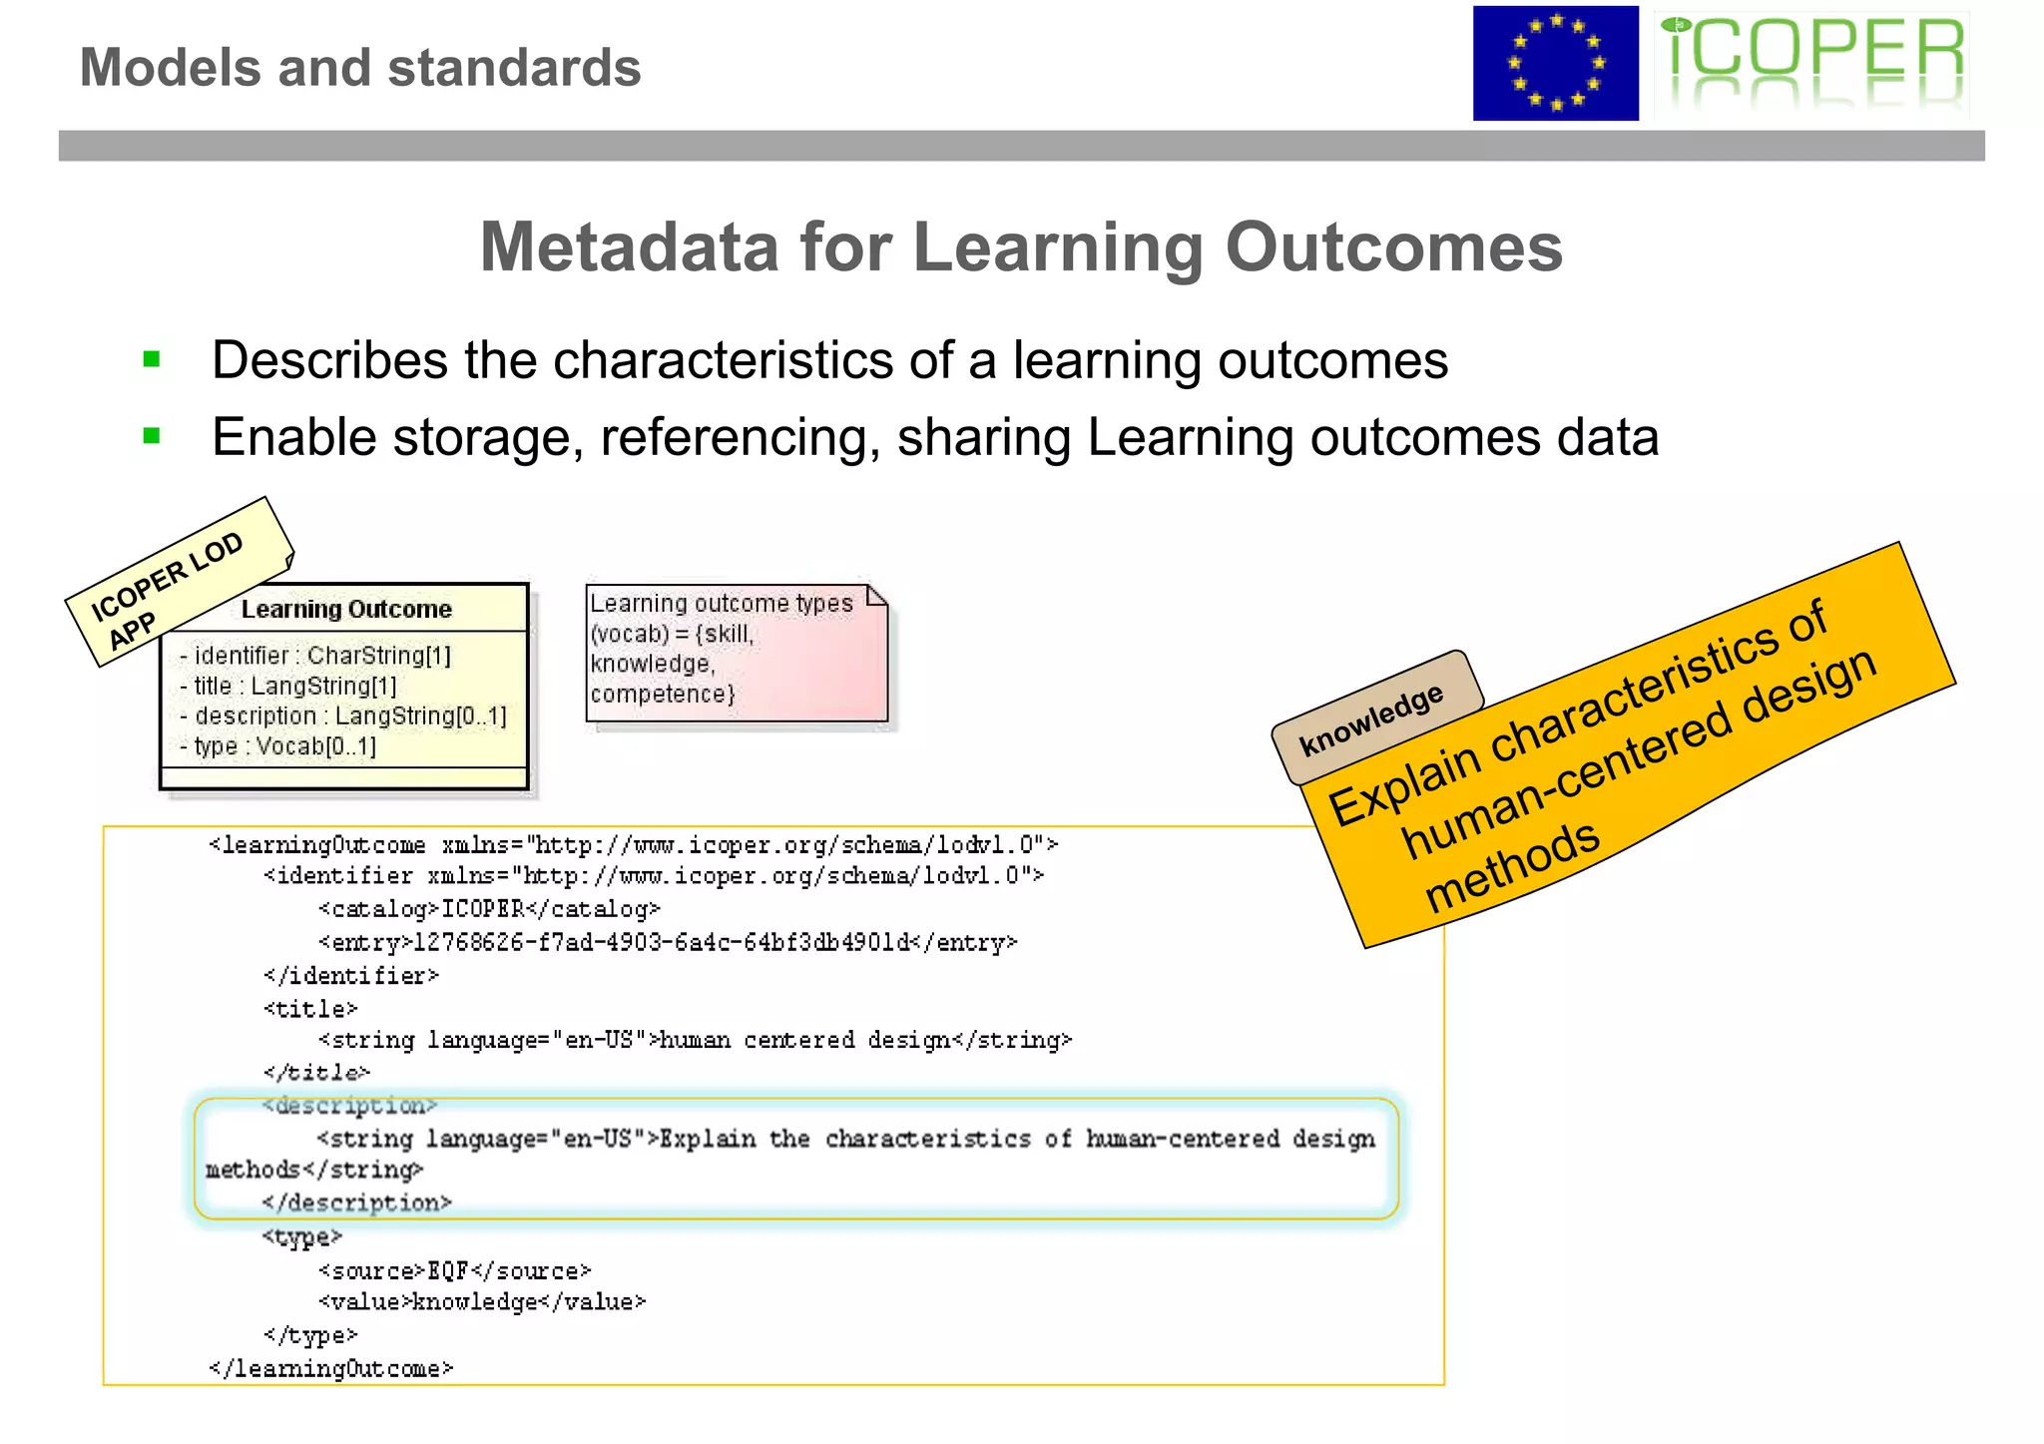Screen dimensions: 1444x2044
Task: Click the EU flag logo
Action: pyautogui.click(x=1555, y=64)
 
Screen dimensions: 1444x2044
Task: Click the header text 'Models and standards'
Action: pyautogui.click(x=360, y=68)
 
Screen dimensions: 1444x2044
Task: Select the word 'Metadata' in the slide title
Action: pyautogui.click(x=629, y=246)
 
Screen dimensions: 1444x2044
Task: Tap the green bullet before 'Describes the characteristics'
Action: pyautogui.click(x=152, y=359)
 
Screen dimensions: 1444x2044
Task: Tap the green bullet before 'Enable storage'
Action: pyautogui.click(x=152, y=436)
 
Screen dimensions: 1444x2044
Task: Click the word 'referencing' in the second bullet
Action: pyautogui.click(x=740, y=437)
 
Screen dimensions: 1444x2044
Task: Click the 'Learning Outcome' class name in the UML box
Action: pyautogui.click(x=346, y=609)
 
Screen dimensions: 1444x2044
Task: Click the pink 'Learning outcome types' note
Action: pyautogui.click(x=736, y=653)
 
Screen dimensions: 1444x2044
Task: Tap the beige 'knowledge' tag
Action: pyautogui.click(x=1372, y=719)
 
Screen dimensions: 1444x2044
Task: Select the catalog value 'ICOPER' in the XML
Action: pyautogui.click(x=483, y=909)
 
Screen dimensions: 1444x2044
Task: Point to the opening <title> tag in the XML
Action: pyautogui.click(x=310, y=1009)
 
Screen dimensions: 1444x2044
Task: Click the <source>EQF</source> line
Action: pyautogui.click(x=455, y=1270)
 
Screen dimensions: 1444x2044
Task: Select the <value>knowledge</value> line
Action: pyautogui.click(x=482, y=1301)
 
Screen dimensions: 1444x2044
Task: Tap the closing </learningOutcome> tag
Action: pyautogui.click(x=331, y=1368)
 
